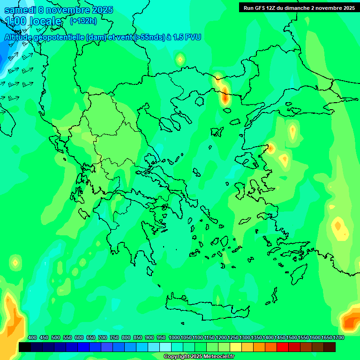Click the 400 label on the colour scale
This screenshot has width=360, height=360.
32,338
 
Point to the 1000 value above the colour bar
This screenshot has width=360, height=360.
174,338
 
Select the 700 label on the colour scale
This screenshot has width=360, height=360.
103,338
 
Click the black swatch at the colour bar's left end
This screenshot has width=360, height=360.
25,347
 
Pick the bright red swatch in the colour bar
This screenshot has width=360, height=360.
283,347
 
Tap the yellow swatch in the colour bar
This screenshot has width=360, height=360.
236,347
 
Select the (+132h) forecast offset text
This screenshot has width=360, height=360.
83,21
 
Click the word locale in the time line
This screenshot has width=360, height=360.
45,21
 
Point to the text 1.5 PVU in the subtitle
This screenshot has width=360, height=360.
187,37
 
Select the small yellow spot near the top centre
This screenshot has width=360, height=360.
180,59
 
